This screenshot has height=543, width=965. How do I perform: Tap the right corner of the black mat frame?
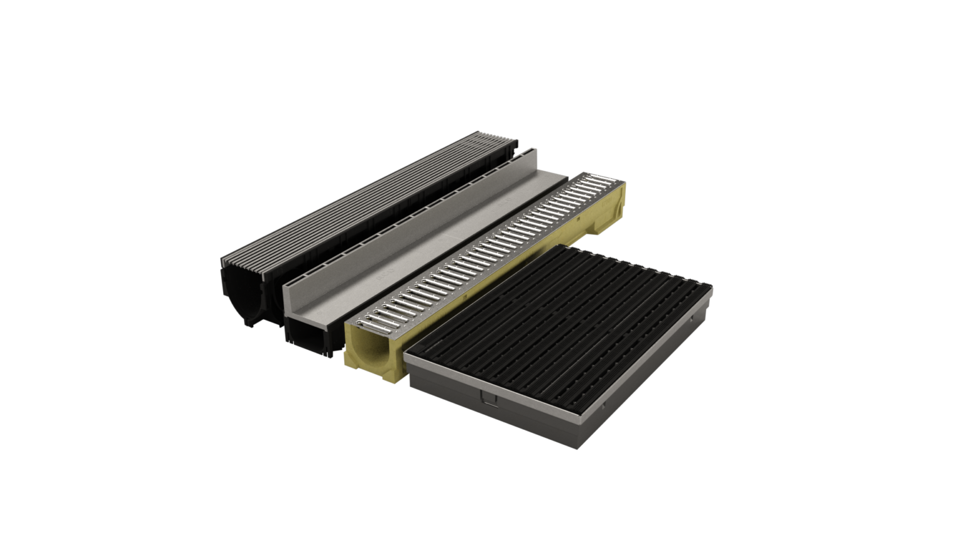711,288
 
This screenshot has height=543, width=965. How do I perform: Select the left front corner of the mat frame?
405,356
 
